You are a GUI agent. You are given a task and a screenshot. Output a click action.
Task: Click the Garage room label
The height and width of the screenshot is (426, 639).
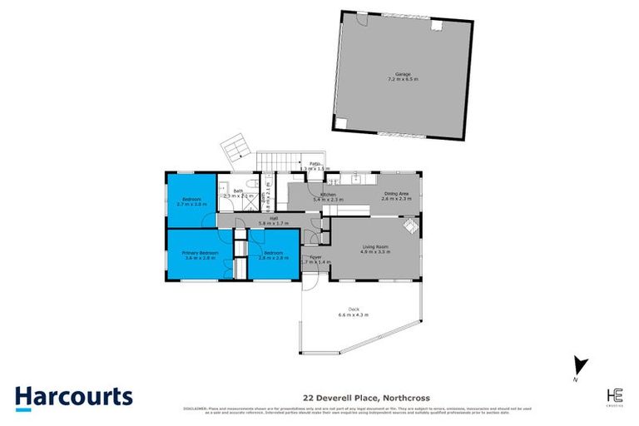click(404, 74)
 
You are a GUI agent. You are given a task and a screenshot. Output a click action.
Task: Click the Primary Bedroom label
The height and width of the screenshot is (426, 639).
click(200, 252)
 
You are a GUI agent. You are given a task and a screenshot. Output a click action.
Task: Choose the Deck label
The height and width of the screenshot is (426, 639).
click(353, 310)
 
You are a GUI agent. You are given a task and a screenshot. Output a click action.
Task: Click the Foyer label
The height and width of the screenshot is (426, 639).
click(315, 257)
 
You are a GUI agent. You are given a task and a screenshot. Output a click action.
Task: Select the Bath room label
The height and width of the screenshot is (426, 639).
click(238, 191)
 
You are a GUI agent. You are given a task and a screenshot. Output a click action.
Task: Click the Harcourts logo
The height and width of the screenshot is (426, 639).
click(73, 395)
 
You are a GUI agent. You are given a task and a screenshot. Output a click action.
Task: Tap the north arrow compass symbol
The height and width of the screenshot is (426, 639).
click(582, 365)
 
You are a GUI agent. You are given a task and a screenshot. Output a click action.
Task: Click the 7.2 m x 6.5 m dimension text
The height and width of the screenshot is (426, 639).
click(404, 79)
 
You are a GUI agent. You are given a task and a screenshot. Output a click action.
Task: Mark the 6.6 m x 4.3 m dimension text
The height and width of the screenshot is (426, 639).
click(353, 315)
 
